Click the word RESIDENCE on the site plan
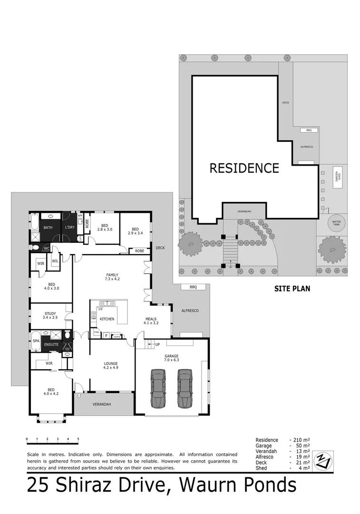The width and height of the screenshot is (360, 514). click(244, 168)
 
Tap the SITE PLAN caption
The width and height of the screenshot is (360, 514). click(292, 288)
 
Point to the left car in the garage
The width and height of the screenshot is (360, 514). click(158, 388)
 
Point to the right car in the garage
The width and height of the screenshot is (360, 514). click(185, 388)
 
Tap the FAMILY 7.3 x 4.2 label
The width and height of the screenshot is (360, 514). click(112, 277)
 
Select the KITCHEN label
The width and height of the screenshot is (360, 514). click(107, 319)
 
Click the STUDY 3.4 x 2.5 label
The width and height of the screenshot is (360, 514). click(50, 316)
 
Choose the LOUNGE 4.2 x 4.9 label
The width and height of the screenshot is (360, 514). click(111, 366)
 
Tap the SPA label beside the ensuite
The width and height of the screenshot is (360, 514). click(36, 341)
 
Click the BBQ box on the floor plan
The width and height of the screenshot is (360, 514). click(193, 287)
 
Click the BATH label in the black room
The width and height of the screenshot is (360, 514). click(48, 228)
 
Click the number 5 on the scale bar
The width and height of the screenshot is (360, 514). click(78, 439)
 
